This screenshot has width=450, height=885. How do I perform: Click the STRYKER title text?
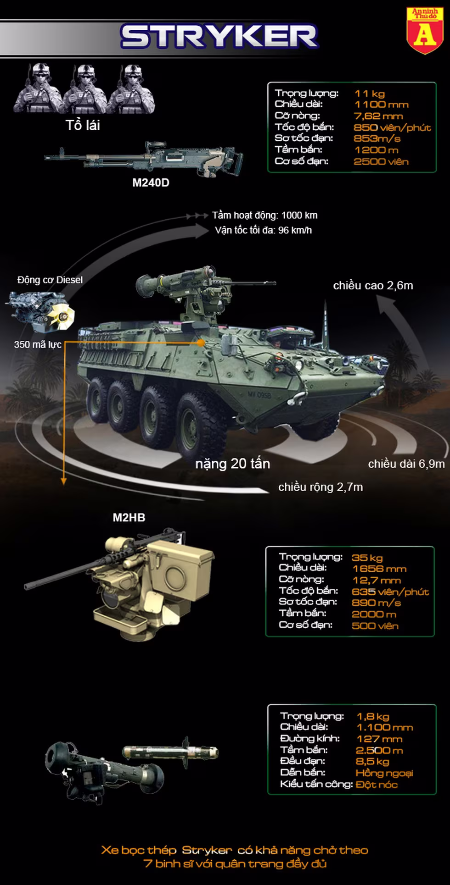(219, 37)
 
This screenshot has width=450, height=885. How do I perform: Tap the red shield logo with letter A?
(425, 30)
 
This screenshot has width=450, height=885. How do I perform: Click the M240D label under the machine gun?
(151, 183)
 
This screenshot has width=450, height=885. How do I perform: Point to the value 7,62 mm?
(378, 116)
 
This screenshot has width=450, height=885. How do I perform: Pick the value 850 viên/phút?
(392, 127)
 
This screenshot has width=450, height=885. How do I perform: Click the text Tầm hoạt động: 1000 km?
(264, 215)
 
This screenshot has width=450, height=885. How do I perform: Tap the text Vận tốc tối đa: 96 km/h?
(263, 230)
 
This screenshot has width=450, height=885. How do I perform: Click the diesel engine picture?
(40, 310)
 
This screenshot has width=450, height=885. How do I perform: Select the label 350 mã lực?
(38, 344)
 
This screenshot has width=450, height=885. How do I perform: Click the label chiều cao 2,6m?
(373, 285)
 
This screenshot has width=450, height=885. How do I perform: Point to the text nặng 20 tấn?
(232, 464)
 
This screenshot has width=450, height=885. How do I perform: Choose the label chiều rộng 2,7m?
(321, 487)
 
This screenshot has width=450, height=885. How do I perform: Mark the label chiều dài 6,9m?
(406, 464)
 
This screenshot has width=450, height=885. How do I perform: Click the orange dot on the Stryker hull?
(201, 343)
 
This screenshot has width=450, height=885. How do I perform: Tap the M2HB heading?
(129, 517)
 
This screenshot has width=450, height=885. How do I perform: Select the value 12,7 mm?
(377, 580)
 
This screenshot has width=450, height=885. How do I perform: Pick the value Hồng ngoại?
(384, 773)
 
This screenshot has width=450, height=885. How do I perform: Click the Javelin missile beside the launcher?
(170, 752)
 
